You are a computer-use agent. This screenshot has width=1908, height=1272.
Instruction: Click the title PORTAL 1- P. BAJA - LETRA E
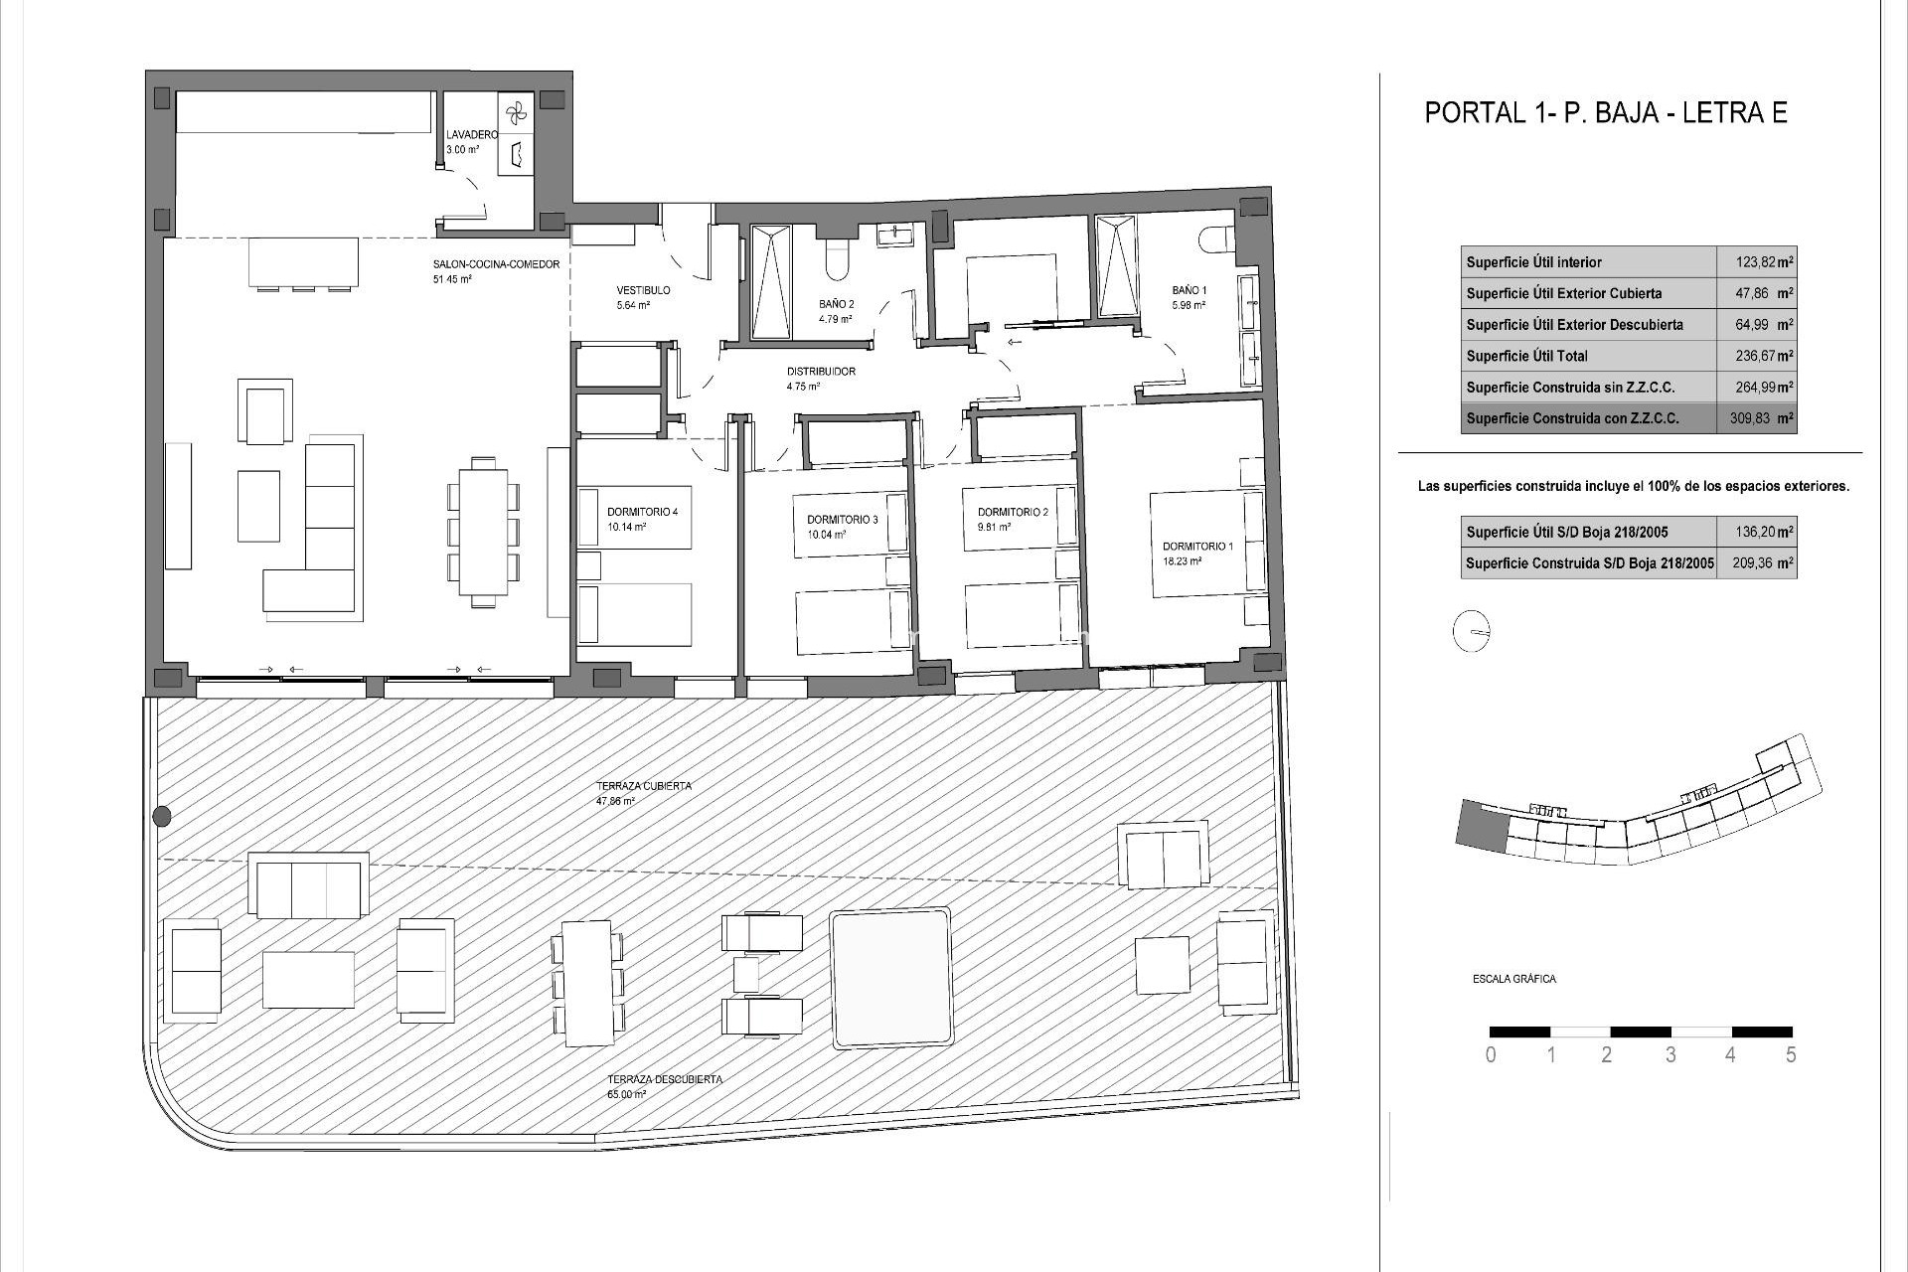click(1606, 112)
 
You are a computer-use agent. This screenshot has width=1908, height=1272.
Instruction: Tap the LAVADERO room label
click(472, 135)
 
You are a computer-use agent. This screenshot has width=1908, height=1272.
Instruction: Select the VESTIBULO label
click(643, 290)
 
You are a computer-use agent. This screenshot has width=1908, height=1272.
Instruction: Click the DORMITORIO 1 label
click(1197, 547)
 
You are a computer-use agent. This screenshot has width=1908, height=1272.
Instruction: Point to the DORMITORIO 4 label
click(642, 512)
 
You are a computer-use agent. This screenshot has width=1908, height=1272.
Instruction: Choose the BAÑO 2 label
click(836, 304)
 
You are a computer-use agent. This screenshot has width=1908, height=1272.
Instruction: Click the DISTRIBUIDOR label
click(820, 372)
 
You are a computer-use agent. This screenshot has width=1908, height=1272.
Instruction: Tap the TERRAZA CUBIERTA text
click(643, 786)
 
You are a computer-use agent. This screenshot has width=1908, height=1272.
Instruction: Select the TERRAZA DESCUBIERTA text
click(665, 1079)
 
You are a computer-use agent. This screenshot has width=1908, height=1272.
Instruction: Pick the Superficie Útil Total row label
click(1526, 356)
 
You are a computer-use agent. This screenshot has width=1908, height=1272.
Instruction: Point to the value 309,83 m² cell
click(1756, 418)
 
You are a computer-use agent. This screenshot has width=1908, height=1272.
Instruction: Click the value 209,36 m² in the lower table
click(1756, 562)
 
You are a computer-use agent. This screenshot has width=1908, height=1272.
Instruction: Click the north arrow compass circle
click(1472, 632)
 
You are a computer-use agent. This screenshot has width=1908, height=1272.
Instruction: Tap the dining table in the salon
click(484, 532)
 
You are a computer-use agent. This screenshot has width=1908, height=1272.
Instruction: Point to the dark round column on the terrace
click(162, 817)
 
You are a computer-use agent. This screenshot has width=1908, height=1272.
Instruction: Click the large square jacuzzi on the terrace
click(890, 977)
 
